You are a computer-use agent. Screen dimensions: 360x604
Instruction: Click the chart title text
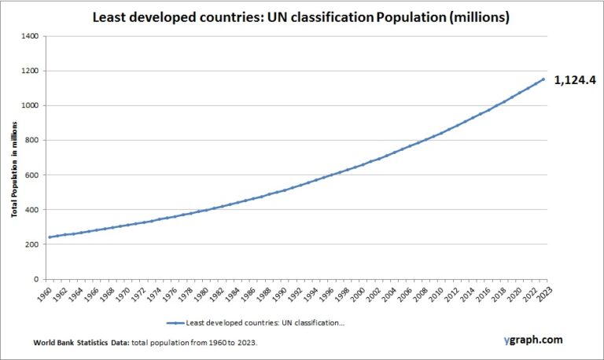coord(301,17)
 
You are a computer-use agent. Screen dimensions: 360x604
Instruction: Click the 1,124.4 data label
coord(576,79)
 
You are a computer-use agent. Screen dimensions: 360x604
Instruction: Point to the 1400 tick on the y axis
coord(31,36)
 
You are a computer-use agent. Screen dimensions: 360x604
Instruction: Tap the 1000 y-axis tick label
coord(31,105)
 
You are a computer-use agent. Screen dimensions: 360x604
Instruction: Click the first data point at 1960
coord(50,237)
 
